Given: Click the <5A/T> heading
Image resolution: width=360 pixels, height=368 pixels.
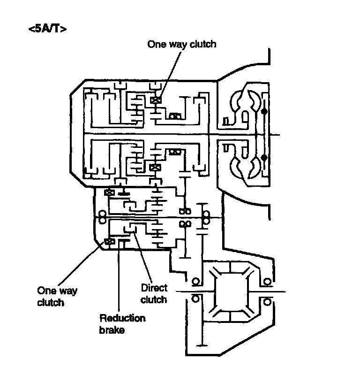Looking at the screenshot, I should pos(47,29).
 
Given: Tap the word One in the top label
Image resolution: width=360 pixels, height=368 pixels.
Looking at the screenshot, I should pos(157,45).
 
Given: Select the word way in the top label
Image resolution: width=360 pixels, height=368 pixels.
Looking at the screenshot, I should pos(179,45).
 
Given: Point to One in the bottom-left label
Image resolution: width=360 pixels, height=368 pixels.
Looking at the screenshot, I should pos(47,291).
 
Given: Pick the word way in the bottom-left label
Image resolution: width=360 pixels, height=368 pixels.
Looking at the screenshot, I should pos(67,291).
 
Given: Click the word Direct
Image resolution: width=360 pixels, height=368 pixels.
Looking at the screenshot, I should pos(154,287).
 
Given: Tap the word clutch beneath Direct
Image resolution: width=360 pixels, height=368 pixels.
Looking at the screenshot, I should pos(154,299).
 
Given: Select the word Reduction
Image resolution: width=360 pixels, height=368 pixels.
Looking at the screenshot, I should pos(122,319).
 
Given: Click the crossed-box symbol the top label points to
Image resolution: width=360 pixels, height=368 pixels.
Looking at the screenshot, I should pos(155,100).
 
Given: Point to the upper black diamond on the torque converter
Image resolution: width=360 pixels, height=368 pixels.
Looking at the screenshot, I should pos(264,112).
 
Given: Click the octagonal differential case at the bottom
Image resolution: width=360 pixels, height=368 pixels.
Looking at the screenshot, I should pos(231,291).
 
